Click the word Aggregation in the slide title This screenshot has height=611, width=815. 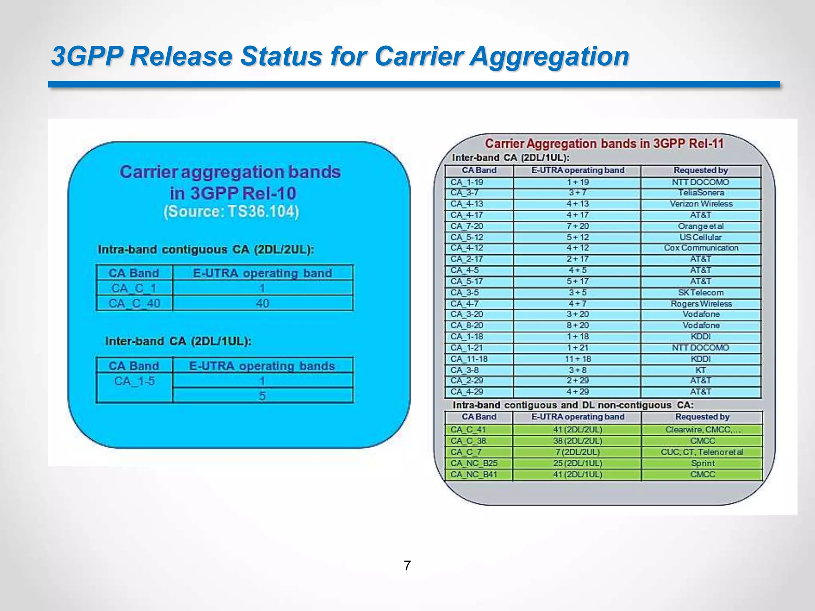[x=549, y=56]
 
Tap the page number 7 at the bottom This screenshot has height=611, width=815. [x=407, y=565]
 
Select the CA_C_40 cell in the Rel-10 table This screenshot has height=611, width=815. [x=135, y=304]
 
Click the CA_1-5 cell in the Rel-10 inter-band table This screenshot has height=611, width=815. [x=135, y=381]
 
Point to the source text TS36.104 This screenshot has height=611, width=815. [x=263, y=211]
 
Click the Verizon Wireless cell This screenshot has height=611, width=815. [x=701, y=204]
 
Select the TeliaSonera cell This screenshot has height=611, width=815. [x=701, y=193]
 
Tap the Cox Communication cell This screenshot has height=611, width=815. [x=701, y=248]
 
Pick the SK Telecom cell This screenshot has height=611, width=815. [x=701, y=292]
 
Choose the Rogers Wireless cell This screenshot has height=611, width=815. [x=701, y=304]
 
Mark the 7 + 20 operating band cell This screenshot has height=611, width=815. [x=577, y=226]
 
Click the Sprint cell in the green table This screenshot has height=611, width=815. [x=702, y=463]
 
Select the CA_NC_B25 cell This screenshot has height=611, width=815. [x=474, y=463]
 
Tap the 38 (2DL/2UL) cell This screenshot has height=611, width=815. [x=577, y=441]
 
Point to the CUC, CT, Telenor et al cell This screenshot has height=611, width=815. [x=702, y=452]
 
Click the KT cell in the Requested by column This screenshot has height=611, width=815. [x=701, y=370]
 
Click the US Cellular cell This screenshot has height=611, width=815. [x=701, y=237]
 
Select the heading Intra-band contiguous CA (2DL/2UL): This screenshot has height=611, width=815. [x=206, y=250]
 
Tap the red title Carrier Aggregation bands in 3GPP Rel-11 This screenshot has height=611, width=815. [x=604, y=144]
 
